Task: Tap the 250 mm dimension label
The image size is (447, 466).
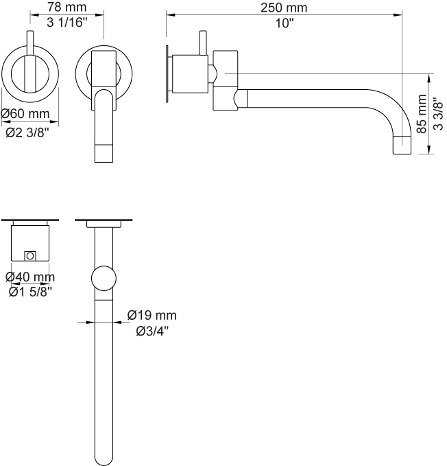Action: (x=284, y=8)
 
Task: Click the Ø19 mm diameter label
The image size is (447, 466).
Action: (x=152, y=316)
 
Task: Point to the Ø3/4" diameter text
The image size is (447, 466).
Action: (x=152, y=331)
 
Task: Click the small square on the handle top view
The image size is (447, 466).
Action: (x=29, y=256)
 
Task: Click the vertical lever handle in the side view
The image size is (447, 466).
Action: (x=203, y=43)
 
